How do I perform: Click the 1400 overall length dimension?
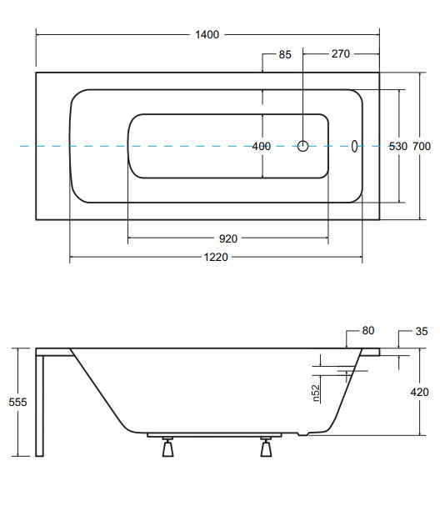(207, 34)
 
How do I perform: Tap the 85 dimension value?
(285, 54)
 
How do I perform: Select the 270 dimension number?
(340, 53)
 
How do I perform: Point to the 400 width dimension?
(262, 146)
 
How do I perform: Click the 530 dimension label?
(398, 146)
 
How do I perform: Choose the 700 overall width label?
(422, 146)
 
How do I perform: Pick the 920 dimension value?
(228, 238)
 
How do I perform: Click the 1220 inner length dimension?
(216, 258)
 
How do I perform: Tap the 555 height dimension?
(17, 402)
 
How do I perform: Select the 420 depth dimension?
(419, 392)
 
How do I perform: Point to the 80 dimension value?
(368, 330)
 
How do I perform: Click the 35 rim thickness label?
(422, 331)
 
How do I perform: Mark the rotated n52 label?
(317, 393)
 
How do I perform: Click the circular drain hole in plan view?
(302, 146)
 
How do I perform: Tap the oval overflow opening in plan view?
(354, 146)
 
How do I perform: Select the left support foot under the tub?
(167, 447)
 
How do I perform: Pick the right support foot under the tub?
(266, 447)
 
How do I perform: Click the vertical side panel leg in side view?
(39, 406)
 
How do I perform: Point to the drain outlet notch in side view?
(303, 434)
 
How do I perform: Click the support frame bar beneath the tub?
(214, 435)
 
